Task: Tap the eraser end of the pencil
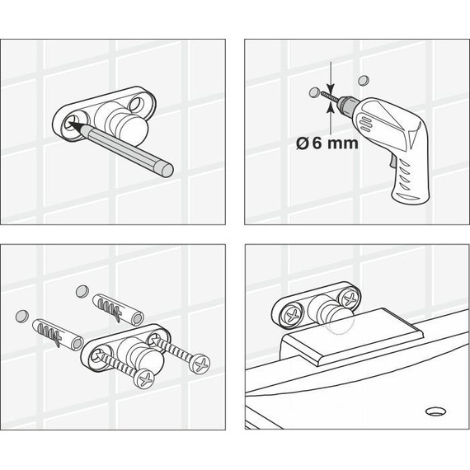[x=167, y=170]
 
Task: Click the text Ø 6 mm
[x=327, y=143]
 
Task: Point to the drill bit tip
[x=322, y=94]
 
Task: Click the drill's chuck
[x=347, y=104]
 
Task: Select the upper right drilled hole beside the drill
[x=364, y=80]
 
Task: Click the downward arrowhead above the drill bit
[x=331, y=88]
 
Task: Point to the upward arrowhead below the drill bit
[x=331, y=106]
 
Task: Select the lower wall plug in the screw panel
[x=58, y=335]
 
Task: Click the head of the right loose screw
[x=200, y=364]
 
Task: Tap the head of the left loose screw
[x=146, y=378]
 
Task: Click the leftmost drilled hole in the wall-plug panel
[x=22, y=316]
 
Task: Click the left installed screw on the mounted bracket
[x=292, y=315]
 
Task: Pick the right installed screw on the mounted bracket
[x=350, y=299]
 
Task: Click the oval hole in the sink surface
[x=435, y=411]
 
